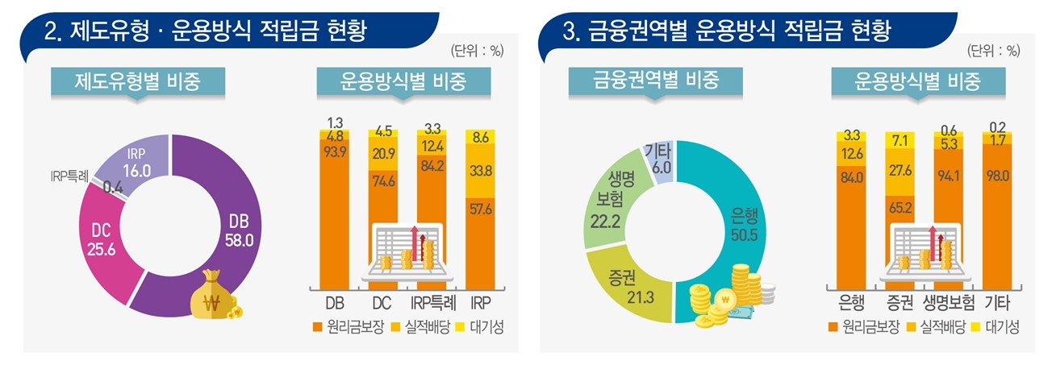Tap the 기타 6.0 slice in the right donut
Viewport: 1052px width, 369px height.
point(657,155)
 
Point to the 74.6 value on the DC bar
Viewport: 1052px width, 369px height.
point(382,204)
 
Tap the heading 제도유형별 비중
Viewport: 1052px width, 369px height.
point(137,81)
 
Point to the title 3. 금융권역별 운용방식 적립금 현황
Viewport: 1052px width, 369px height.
point(726,32)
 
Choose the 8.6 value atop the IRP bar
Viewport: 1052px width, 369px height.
point(481,138)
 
